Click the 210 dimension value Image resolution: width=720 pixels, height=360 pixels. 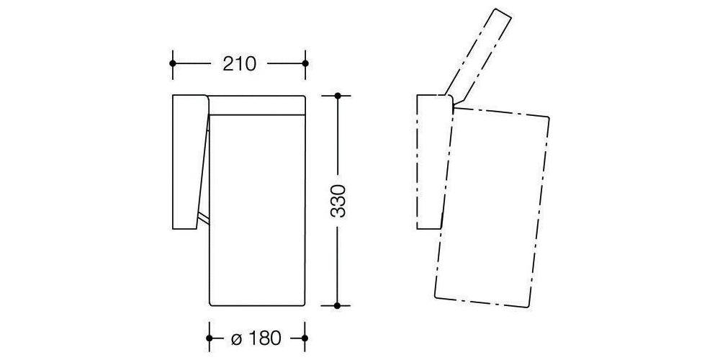tap(239, 64)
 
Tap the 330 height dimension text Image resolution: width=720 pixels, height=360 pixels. tap(338, 201)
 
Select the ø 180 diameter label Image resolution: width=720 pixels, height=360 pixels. tap(256, 338)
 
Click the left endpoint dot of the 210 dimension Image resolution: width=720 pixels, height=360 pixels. tap(173, 63)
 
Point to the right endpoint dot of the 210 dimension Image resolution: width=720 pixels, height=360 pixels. tap(305, 63)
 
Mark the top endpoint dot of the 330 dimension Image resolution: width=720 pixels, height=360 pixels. tap(338, 96)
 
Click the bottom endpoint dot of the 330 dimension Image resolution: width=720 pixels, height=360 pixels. tap(337, 305)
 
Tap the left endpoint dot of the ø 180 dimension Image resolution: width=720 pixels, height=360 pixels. tap(210, 338)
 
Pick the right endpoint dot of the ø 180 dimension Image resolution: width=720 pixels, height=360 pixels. tap(305, 338)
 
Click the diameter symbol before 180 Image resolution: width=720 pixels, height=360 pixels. tap(236, 339)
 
